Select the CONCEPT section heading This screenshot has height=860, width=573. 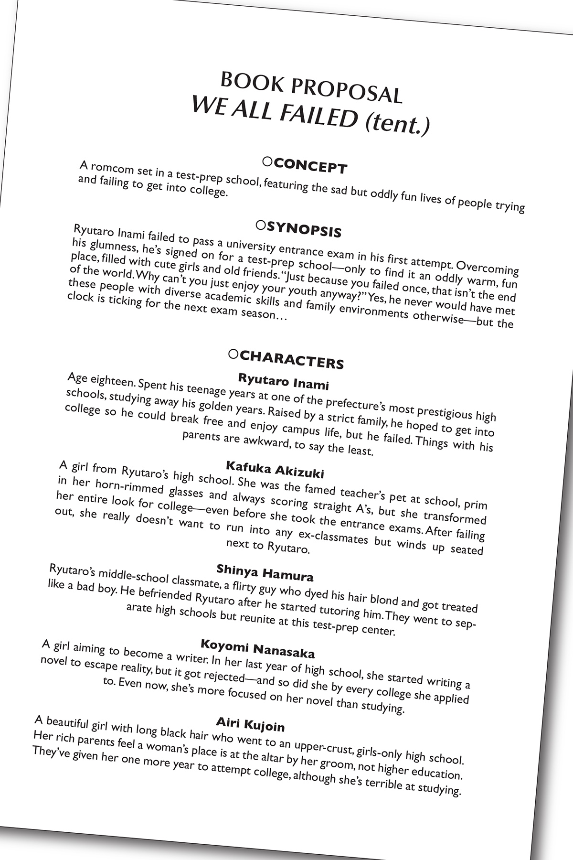coord(311,166)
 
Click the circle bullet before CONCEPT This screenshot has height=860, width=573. coord(267,162)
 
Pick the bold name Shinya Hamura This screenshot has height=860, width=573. coord(265,572)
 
